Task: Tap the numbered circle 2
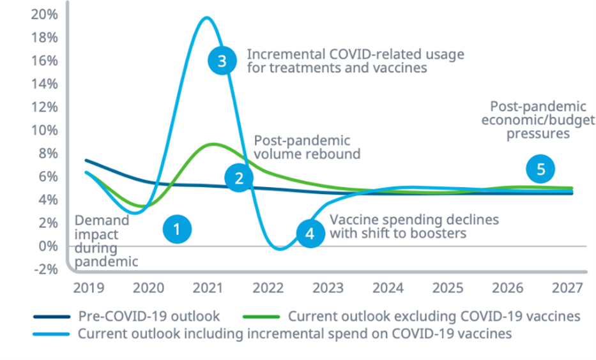240,178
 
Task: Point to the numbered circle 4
310,234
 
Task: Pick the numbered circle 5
540,169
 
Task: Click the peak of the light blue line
206,17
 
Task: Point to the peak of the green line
213,144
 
